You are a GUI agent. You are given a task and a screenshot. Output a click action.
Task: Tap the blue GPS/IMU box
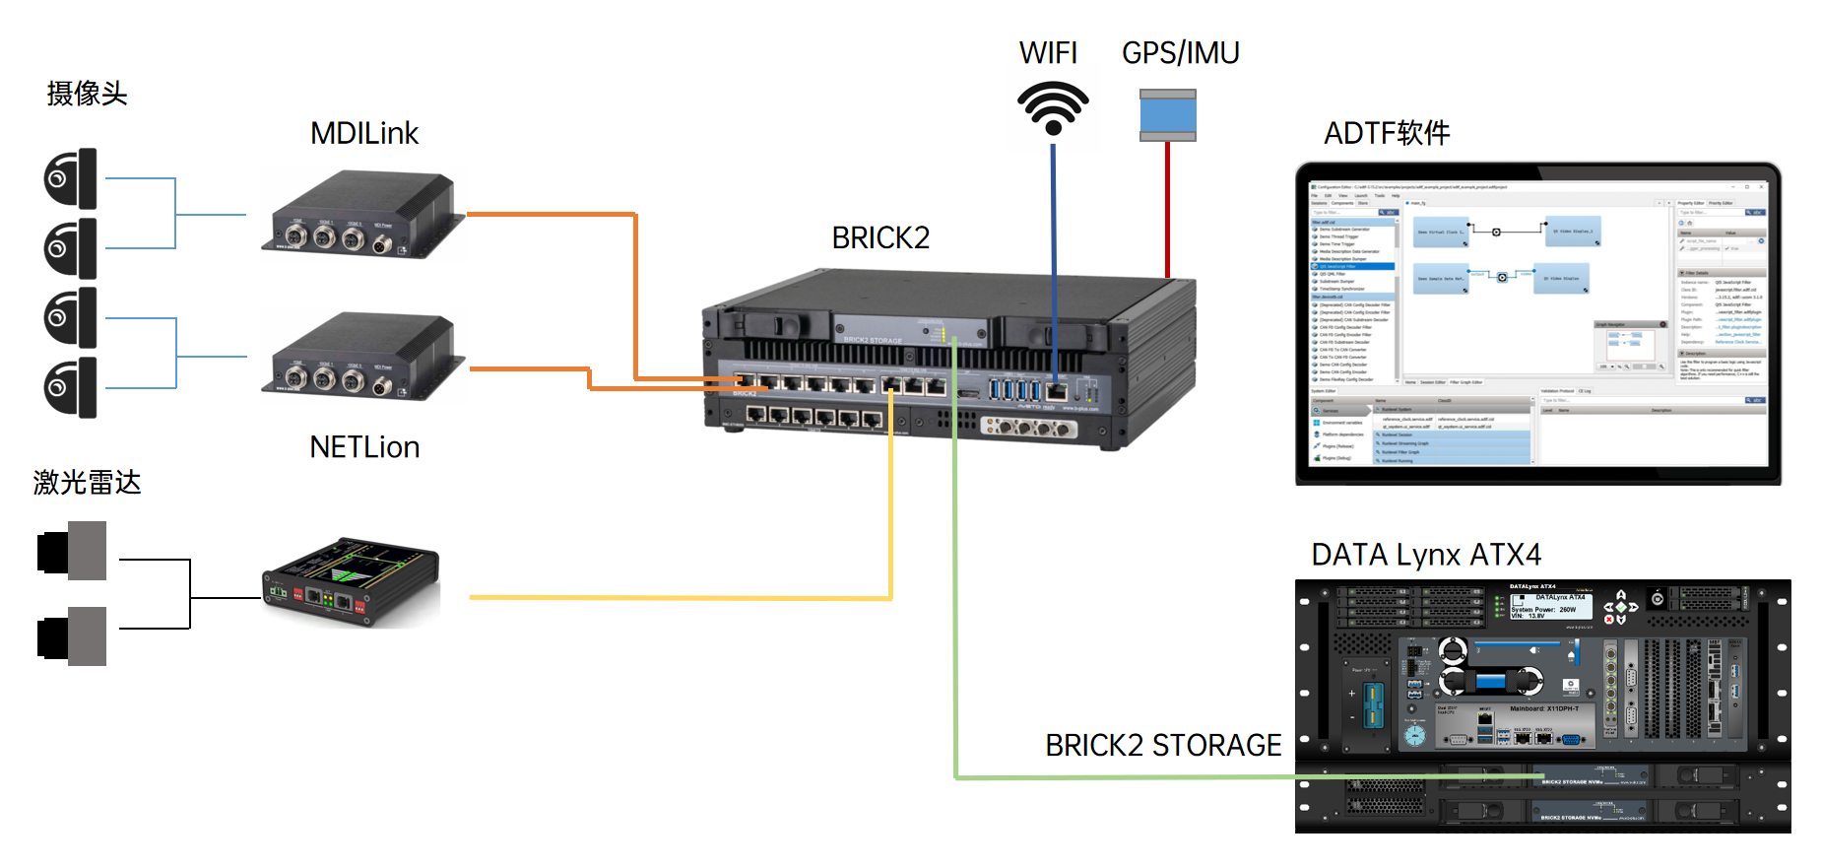[x=1167, y=115]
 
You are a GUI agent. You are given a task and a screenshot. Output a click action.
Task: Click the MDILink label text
[x=364, y=133]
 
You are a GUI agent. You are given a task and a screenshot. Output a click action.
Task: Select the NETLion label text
[x=364, y=447]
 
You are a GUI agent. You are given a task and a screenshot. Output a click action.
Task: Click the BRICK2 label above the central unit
[x=880, y=237]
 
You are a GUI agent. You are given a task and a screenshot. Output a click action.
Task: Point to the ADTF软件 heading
[x=1387, y=133]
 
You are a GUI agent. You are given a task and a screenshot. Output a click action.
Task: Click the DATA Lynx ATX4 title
[x=1426, y=555]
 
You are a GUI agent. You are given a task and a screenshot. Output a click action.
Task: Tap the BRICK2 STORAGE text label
[x=1163, y=746]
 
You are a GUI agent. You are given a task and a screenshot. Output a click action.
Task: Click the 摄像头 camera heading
[x=87, y=94]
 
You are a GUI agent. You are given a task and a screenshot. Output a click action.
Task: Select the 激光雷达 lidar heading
[x=87, y=483]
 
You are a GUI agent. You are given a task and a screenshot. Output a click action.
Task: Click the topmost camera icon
[x=71, y=178]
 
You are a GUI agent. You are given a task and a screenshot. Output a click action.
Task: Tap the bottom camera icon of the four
[x=71, y=387]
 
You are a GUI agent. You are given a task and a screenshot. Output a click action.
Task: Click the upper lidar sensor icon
[x=72, y=551]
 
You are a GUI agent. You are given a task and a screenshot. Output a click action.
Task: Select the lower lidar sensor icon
[x=72, y=636]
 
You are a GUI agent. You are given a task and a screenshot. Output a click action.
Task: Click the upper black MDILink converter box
[x=362, y=215]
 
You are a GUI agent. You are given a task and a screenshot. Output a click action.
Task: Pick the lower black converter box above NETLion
[x=362, y=357]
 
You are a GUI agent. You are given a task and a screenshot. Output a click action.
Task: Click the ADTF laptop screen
[x=1537, y=325]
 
